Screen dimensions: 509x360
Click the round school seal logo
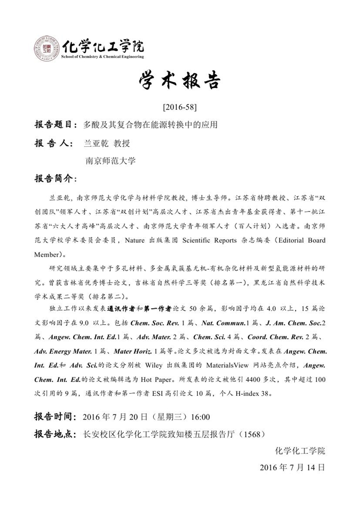click(x=47, y=48)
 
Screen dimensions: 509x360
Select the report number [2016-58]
click(x=179, y=108)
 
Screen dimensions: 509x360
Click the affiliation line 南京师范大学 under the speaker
click(x=111, y=161)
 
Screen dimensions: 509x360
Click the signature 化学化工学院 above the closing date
click(x=300, y=451)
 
